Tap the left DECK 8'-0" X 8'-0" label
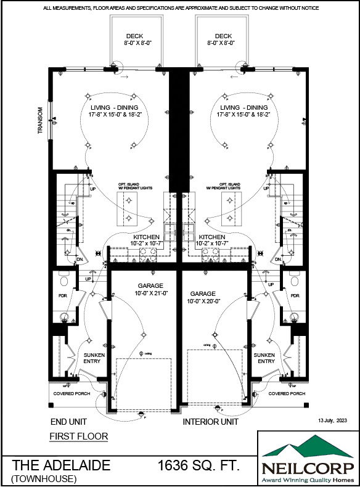[x=134, y=39]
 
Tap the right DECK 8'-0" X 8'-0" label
[x=219, y=39]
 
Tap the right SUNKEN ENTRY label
[x=266, y=358]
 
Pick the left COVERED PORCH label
[x=72, y=393]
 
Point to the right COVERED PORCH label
[x=287, y=393]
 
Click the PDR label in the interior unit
[x=295, y=296]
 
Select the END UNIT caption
[x=68, y=422]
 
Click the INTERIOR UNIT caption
[x=210, y=422]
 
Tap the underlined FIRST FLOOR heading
[x=78, y=436]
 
